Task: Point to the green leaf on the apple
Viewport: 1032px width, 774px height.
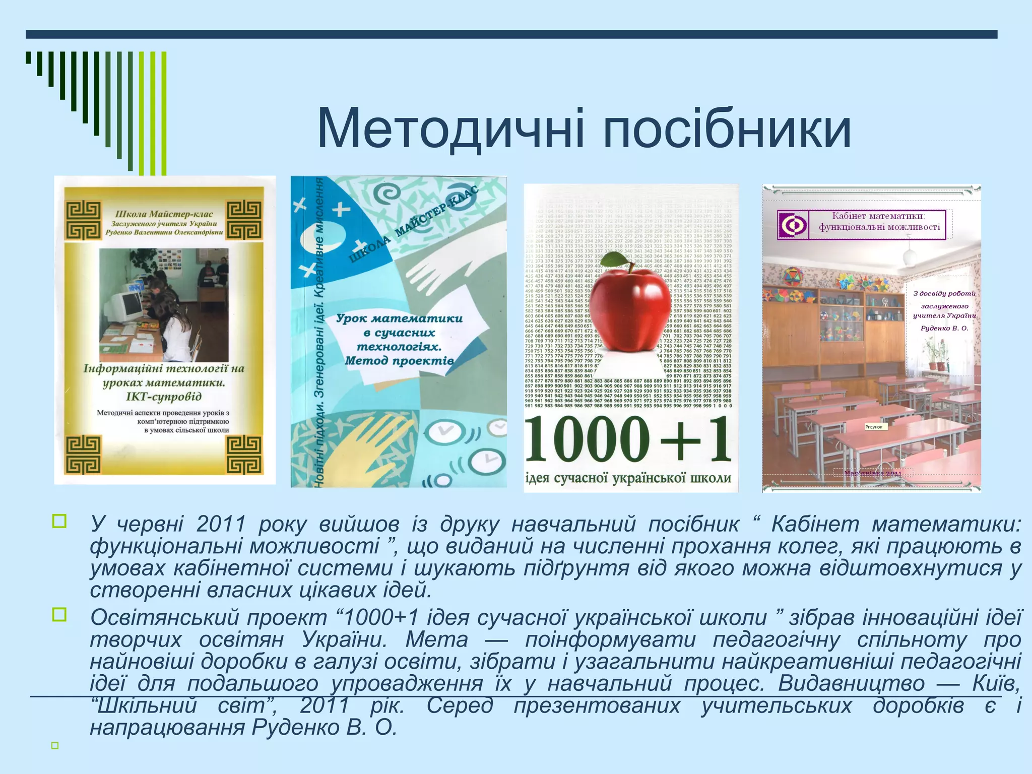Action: coord(613,260)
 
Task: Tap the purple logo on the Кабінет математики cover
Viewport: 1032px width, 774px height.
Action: coord(793,225)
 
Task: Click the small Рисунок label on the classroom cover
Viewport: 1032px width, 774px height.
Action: coord(874,427)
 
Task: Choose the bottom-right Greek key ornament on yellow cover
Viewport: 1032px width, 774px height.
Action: coord(244,455)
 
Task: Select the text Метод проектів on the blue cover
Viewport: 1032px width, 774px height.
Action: coord(399,361)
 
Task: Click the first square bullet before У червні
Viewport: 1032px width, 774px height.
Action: coord(59,521)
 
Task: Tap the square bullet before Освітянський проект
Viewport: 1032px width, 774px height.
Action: coord(59,614)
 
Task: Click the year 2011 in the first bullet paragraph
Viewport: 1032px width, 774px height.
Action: coord(221,525)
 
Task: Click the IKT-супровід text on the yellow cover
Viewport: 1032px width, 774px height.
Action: coord(164,397)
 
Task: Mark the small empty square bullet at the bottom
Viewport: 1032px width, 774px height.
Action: coord(55,745)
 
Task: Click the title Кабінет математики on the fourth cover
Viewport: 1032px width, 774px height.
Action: coord(878,216)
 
